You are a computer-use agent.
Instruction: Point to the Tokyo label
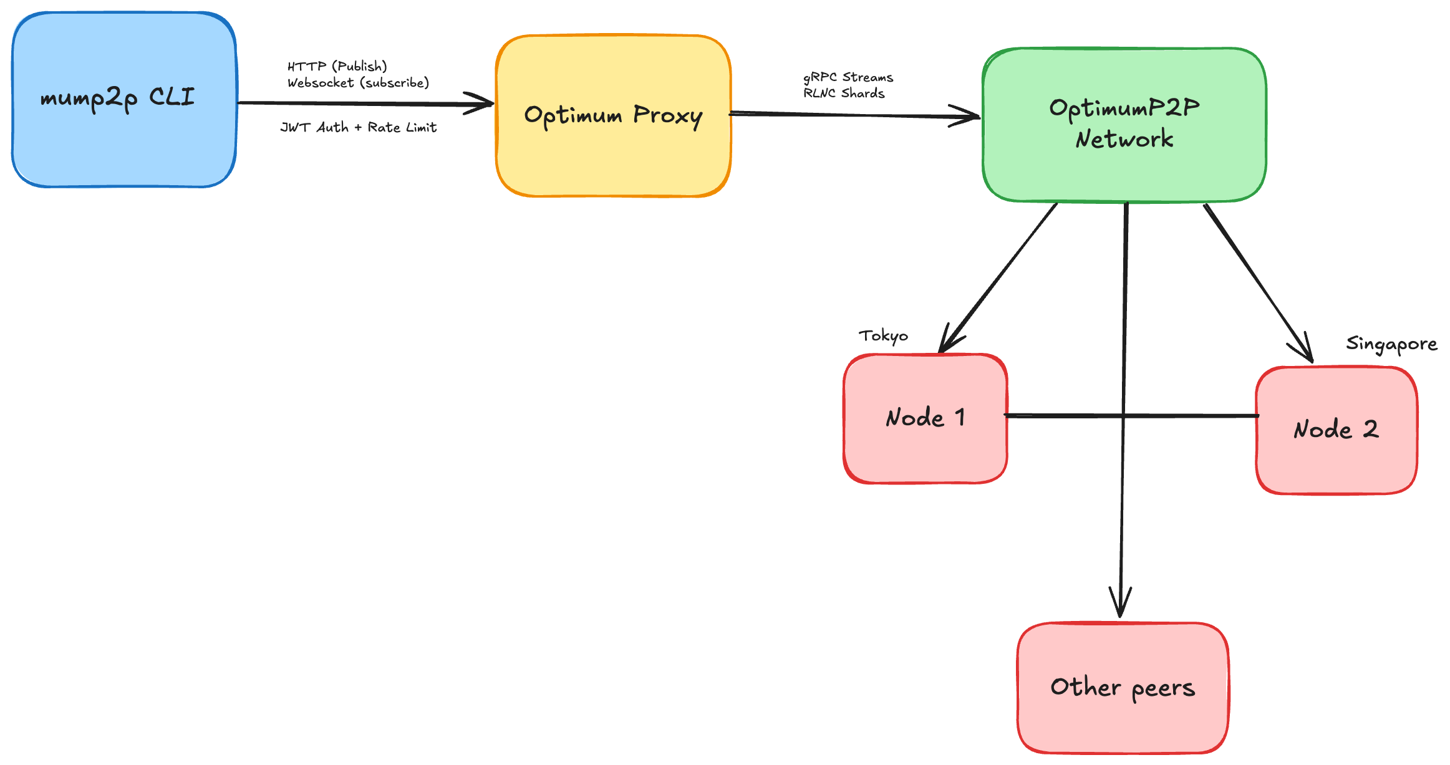pyautogui.click(x=883, y=336)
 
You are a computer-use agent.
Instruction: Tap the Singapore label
pyautogui.click(x=1391, y=344)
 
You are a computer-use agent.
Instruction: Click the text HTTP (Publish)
pyautogui.click(x=337, y=66)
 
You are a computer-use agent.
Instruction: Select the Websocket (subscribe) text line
pyautogui.click(x=358, y=83)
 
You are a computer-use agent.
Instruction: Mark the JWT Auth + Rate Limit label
pyautogui.click(x=358, y=127)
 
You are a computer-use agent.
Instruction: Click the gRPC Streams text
pyautogui.click(x=848, y=77)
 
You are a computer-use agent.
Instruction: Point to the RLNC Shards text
pyautogui.click(x=844, y=94)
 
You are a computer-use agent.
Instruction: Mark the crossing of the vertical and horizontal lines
pyautogui.click(x=1124, y=415)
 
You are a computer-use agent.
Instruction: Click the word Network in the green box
pyautogui.click(x=1124, y=138)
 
